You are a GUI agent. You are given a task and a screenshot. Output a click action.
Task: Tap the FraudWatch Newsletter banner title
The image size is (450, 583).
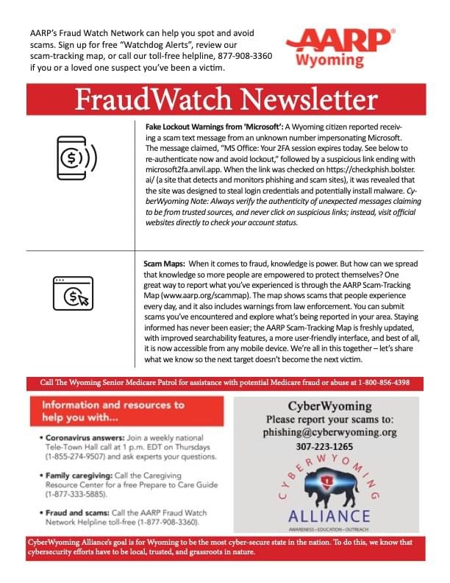(224, 99)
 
